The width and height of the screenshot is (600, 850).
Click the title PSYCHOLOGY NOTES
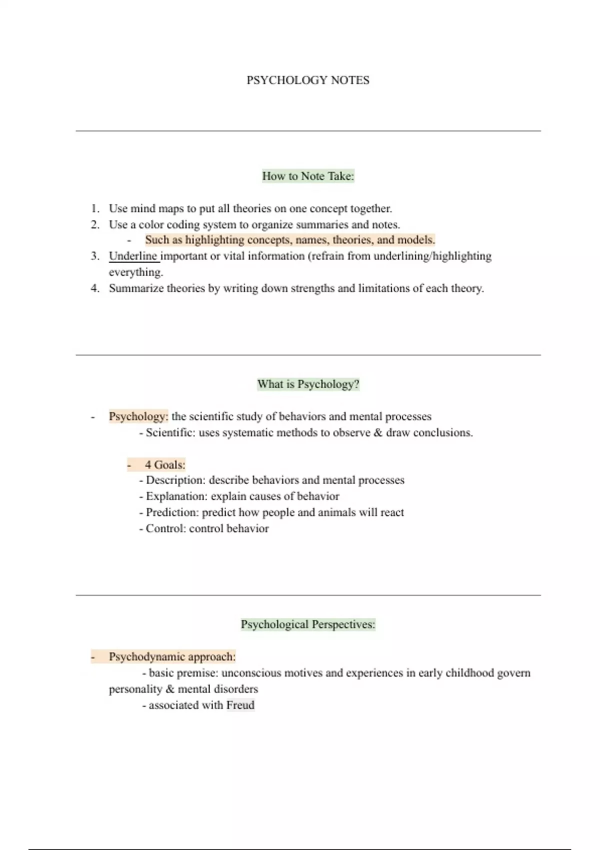(x=307, y=80)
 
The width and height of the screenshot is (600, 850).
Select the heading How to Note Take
(x=307, y=176)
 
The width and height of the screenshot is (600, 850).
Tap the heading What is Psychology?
(x=307, y=384)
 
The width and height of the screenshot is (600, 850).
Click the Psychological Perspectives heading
(x=307, y=624)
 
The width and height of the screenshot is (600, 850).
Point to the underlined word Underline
(x=133, y=256)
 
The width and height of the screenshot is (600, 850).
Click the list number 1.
(x=94, y=208)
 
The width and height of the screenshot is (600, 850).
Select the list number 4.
(x=94, y=288)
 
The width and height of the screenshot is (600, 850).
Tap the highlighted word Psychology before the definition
(x=137, y=416)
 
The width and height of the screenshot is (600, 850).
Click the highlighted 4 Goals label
(x=164, y=465)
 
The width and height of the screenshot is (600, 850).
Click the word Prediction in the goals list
(x=172, y=512)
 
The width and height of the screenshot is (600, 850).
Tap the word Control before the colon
(x=164, y=528)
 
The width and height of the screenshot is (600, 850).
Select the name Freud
(x=240, y=705)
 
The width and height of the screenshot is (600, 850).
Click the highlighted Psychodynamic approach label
(x=171, y=657)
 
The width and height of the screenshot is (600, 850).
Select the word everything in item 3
(x=135, y=272)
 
